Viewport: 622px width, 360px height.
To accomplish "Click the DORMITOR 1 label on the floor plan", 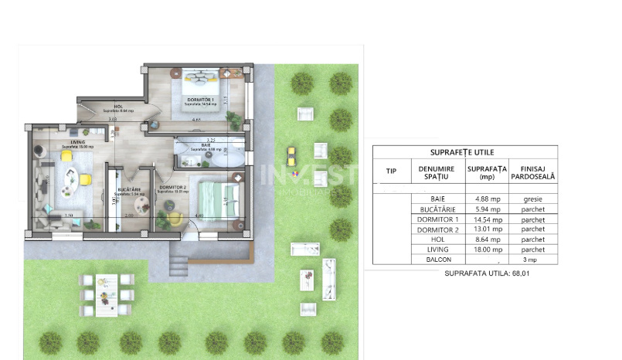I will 199,100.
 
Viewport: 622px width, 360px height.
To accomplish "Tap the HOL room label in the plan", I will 118,107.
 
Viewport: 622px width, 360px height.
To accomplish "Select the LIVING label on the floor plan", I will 77,142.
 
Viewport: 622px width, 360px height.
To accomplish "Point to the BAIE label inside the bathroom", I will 206,144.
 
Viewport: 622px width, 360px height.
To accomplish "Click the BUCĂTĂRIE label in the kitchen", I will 127,188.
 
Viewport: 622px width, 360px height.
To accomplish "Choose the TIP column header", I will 391,172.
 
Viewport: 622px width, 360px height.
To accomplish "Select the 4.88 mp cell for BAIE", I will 486,198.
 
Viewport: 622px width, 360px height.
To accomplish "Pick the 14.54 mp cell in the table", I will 486,219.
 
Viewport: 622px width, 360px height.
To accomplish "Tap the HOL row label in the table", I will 437,239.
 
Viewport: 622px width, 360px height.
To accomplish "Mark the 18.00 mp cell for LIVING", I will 486,250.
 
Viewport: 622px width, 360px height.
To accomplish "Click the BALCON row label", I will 437,260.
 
